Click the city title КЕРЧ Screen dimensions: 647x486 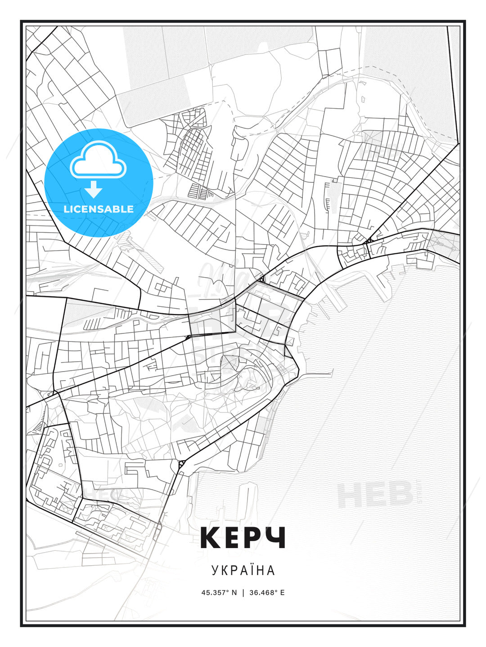coord(243,537)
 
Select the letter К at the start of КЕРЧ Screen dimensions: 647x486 coord(210,537)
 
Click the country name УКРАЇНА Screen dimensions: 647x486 coord(243,570)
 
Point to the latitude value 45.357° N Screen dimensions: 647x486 coord(219,593)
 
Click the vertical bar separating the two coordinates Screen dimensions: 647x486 coord(243,593)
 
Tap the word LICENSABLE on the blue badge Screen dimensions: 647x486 coord(99,209)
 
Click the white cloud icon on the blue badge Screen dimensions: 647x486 coord(98,160)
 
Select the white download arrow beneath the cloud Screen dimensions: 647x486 coord(94,190)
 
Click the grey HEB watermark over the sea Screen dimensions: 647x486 coord(375,494)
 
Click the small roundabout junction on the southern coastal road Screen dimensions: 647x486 coord(181,463)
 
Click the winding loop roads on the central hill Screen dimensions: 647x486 coord(243,377)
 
